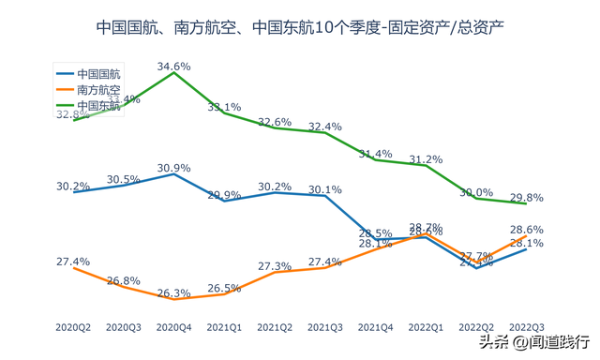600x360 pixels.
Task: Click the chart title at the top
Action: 300,27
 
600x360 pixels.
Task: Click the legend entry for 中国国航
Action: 99,73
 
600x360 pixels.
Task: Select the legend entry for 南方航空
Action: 99,89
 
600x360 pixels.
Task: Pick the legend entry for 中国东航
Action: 99,105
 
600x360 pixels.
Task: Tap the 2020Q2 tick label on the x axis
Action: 73,327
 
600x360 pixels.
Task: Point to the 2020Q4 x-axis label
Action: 173,327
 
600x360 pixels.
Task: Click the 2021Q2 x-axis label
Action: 274,327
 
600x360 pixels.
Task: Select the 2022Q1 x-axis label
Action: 425,327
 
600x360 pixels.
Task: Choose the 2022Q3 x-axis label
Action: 526,327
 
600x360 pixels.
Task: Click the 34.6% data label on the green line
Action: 174,67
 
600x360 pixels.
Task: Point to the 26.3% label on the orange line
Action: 174,292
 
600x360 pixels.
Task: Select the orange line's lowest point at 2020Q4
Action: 174,299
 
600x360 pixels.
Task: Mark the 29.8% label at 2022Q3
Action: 527,197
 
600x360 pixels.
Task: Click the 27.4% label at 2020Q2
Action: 73,262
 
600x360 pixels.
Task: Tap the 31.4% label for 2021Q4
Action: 375,154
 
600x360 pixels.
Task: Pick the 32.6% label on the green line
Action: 274,122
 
